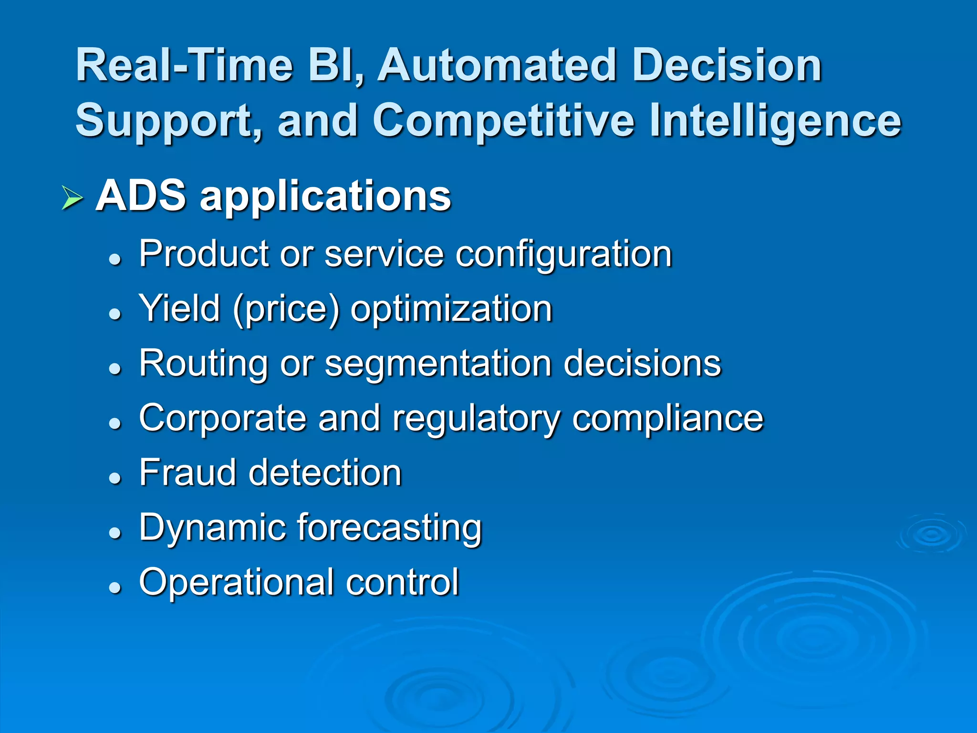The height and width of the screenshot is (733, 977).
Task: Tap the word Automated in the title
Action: tap(496, 65)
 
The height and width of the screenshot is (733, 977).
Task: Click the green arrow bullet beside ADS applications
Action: tap(72, 198)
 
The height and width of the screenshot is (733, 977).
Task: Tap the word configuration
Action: tap(563, 255)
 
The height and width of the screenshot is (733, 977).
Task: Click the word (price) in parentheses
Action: tap(286, 310)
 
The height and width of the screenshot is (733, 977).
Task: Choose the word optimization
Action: tap(451, 310)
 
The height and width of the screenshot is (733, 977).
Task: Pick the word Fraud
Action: tap(187, 472)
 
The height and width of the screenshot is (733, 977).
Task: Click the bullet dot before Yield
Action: tap(114, 314)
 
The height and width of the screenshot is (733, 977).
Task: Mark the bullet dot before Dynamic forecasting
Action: tap(114, 533)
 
